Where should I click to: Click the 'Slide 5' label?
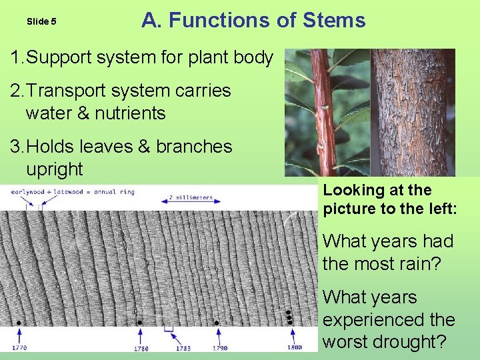point(41,21)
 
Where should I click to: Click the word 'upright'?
point(54,169)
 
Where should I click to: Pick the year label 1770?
point(19,347)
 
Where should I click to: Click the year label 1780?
point(140,347)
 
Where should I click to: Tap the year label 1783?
point(183,347)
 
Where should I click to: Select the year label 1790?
point(219,347)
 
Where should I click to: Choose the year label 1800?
point(295,347)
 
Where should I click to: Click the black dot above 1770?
point(19,323)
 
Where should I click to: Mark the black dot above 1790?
point(217,323)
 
